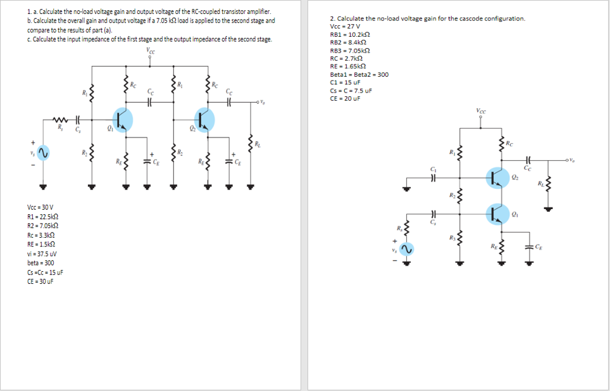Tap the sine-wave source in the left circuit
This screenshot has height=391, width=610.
[x=44, y=153]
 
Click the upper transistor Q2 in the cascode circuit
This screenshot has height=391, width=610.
[x=497, y=178]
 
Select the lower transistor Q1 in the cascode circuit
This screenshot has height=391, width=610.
[x=497, y=214]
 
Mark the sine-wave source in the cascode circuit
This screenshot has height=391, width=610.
[x=408, y=248]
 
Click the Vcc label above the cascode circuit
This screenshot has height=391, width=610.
[x=482, y=112]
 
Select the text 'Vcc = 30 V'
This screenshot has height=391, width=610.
[x=40, y=207]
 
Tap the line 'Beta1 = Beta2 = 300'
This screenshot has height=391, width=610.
[x=359, y=75]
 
